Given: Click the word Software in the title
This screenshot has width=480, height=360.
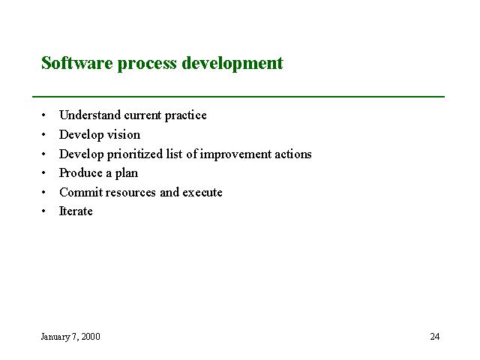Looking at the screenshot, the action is click(77, 63).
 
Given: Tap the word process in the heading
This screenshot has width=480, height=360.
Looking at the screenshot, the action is click(147, 65).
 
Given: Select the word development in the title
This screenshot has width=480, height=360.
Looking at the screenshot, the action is click(232, 64).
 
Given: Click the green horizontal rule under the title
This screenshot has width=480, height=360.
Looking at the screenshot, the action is click(238, 97).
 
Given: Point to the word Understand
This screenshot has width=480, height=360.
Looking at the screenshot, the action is click(90, 115).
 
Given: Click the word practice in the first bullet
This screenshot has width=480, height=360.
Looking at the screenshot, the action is click(185, 115).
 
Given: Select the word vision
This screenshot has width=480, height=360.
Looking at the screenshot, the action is click(124, 135).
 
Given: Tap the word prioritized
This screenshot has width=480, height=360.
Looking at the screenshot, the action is click(135, 154).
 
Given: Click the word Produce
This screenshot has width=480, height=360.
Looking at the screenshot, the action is click(81, 173).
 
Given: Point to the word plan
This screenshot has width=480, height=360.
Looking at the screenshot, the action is click(127, 173).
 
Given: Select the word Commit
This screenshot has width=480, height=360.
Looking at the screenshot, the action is click(81, 192).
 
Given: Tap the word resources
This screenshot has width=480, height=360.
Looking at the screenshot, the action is click(130, 193).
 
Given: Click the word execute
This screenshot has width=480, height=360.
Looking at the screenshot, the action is click(202, 193).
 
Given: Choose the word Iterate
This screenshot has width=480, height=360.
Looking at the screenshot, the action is click(76, 211).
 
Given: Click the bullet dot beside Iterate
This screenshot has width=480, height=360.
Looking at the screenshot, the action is click(43, 211).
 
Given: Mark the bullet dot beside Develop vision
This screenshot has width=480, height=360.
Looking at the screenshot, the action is click(43, 135).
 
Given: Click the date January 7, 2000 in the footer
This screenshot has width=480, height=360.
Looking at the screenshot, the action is click(70, 337).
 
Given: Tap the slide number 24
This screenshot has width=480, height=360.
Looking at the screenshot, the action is click(435, 337).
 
